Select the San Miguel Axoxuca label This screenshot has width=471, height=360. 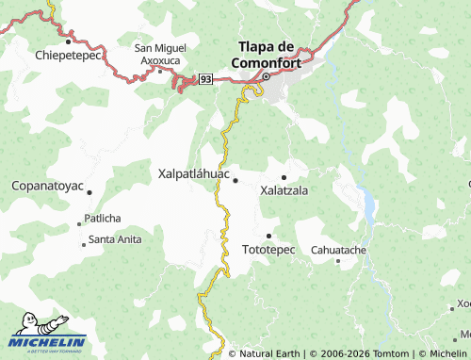click(160, 54)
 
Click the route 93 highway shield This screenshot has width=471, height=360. click(205, 79)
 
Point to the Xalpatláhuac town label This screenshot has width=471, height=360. click(193, 173)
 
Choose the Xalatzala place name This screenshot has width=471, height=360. click(284, 189)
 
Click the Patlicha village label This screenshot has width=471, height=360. click(103, 218)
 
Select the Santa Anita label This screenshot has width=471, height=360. click(115, 239)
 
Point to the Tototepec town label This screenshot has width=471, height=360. click(268, 250)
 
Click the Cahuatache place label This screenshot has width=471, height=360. click(338, 250)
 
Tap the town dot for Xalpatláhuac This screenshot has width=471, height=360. click(235, 180)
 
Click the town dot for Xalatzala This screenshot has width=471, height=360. click(284, 177)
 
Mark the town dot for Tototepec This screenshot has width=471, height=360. click(269, 236)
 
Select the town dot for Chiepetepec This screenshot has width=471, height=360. click(70, 41)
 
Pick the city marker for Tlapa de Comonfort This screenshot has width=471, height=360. click(266, 77)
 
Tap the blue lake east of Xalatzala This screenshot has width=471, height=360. click(366, 202)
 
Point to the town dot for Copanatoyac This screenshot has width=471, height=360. click(89, 192)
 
